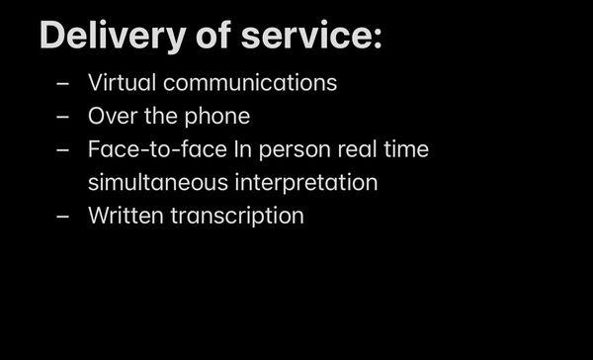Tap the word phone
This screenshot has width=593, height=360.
(218, 116)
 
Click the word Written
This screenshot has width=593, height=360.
(124, 216)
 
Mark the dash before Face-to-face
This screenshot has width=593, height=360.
(63, 151)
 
